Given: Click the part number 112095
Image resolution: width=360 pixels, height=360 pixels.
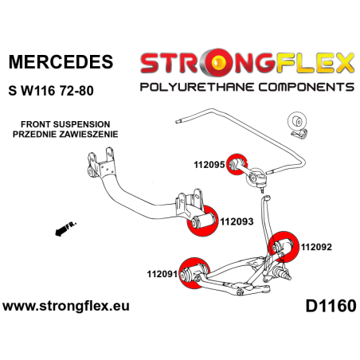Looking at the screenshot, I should (209, 166).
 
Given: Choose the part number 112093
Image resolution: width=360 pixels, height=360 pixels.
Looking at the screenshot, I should (237, 222).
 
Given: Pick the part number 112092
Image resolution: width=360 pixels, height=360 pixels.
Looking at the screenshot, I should (316, 247).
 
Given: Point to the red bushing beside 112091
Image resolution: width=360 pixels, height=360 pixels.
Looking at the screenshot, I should (191, 275).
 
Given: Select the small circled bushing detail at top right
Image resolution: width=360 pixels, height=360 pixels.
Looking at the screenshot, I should (295, 125).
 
